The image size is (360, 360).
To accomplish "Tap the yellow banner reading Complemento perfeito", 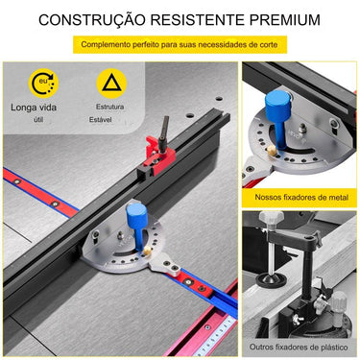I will tap(180, 44).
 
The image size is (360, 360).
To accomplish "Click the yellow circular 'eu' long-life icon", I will tap(42, 84).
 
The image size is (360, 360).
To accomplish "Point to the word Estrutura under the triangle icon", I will tap(109, 107).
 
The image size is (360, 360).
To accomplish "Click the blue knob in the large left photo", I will tap(133, 212).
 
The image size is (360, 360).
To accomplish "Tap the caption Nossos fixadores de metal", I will tap(300, 196).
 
